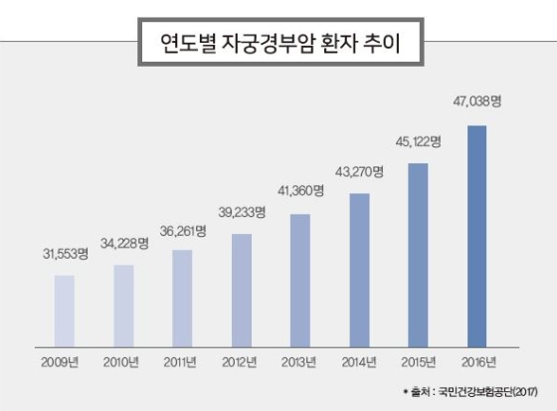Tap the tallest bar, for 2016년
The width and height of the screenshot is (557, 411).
[x=476, y=233]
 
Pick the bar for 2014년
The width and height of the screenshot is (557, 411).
[x=359, y=266]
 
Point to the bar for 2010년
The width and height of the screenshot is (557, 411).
[x=123, y=302]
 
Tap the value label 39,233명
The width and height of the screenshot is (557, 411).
[x=242, y=212]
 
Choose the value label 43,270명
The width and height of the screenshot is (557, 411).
[x=360, y=171]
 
